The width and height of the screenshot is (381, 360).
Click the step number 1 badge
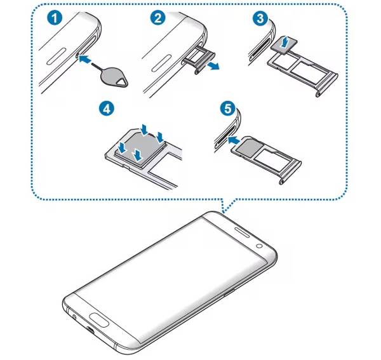coord(55,18)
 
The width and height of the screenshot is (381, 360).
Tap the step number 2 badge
coord(158,18)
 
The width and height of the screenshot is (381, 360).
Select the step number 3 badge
coord(260,18)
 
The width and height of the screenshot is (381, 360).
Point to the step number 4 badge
coord(107,109)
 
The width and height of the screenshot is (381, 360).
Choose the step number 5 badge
coord(228,109)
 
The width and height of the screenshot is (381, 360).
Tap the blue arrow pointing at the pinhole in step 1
coord(85,59)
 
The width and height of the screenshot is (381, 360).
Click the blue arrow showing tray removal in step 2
coord(213,65)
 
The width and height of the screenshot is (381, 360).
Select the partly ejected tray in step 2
coord(199,60)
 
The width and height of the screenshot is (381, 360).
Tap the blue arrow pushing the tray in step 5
coord(233,140)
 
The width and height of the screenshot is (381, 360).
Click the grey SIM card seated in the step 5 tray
coord(249,147)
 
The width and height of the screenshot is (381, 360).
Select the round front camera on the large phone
coord(259,246)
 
